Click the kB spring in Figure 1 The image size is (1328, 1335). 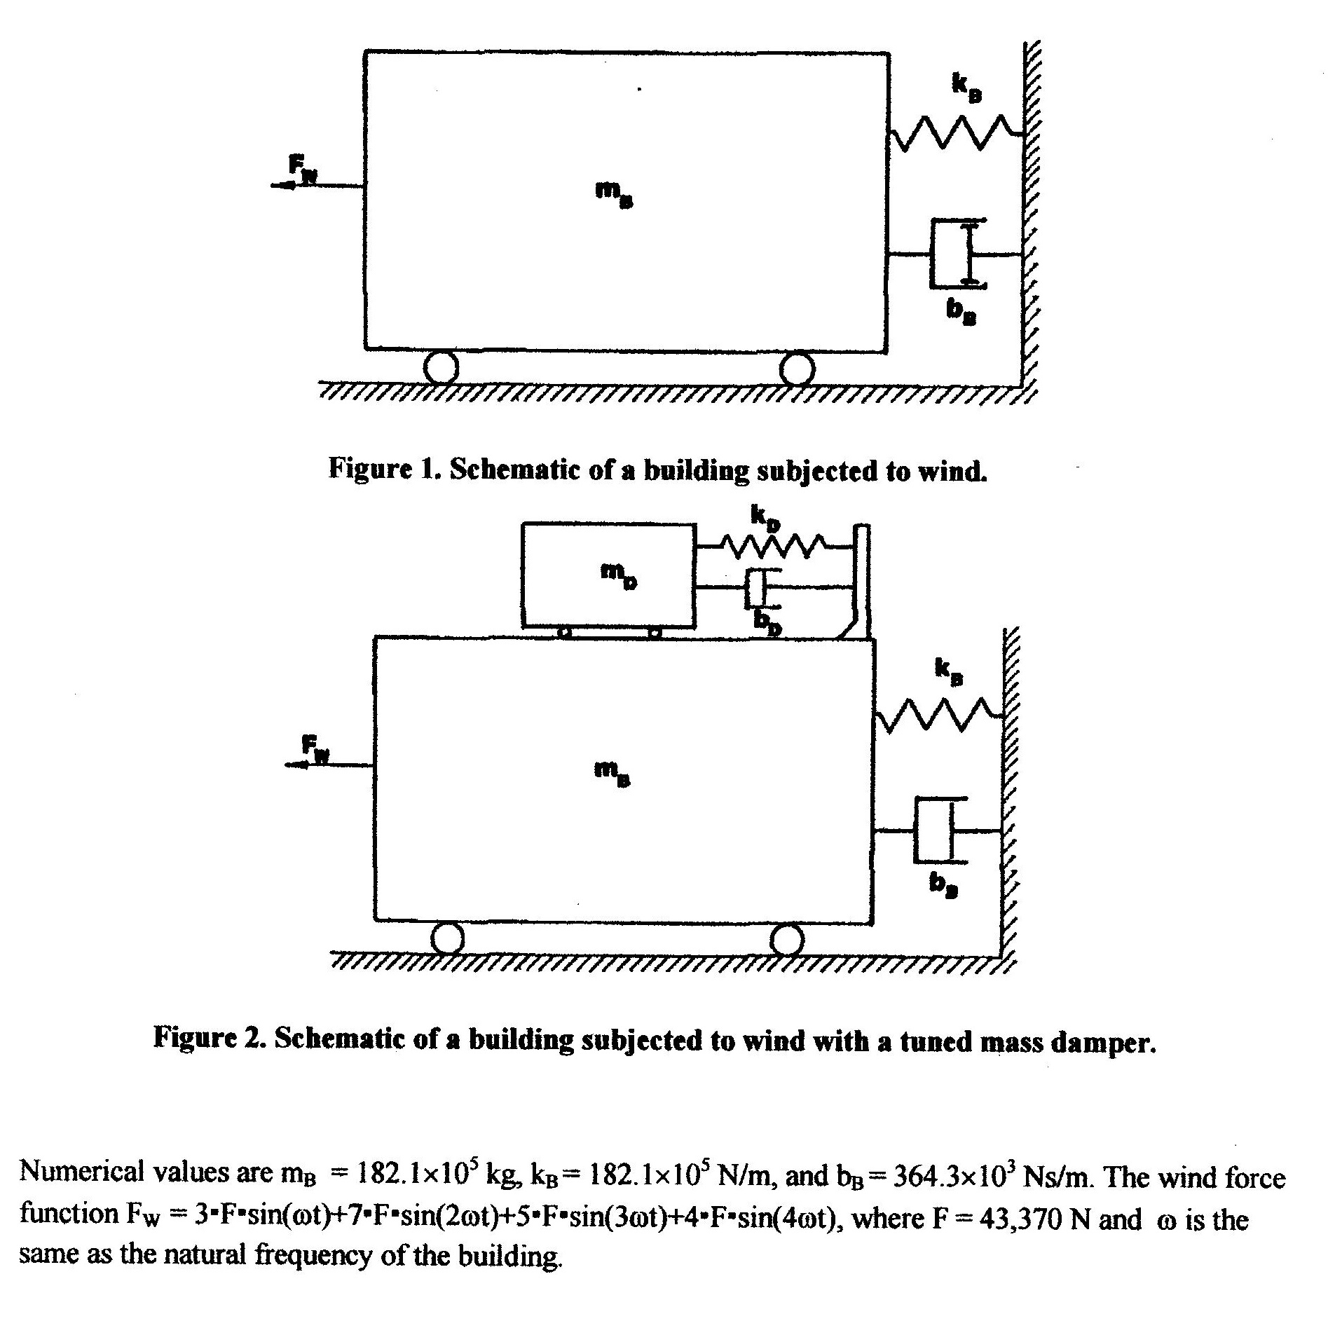coord(954,133)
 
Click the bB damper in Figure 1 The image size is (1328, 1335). coord(956,254)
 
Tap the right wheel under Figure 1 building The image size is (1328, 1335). coord(797,368)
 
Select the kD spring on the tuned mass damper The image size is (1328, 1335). coord(771,546)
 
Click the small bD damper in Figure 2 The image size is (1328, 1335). coord(757,589)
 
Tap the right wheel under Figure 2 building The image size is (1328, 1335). coord(787,938)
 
